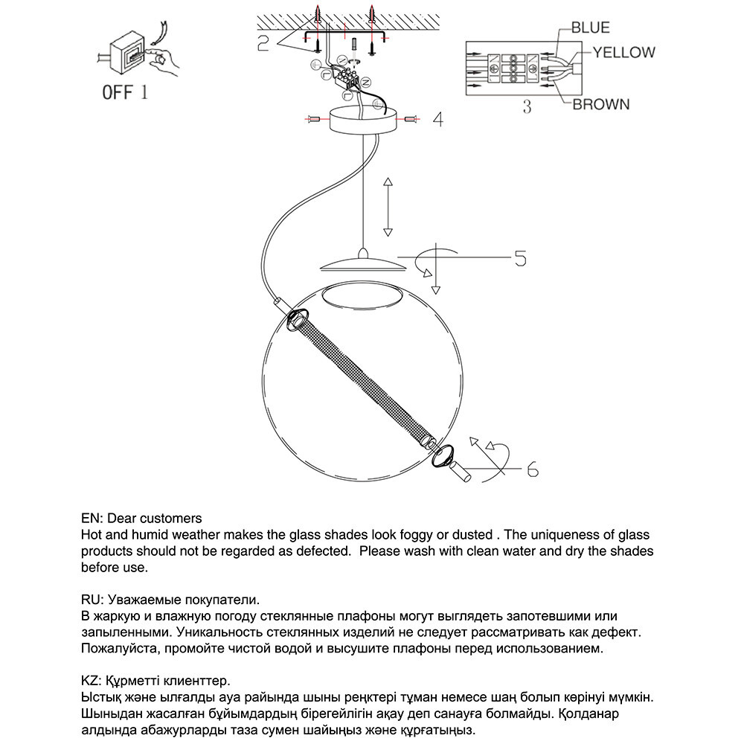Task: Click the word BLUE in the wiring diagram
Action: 590,28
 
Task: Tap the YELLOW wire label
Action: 623,52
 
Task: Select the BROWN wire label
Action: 600,104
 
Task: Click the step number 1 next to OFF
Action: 144,93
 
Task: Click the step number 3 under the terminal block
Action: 527,106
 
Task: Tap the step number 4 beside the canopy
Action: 438,119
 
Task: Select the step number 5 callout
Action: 520,258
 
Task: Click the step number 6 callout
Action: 532,469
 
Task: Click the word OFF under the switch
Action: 117,93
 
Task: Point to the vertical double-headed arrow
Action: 388,207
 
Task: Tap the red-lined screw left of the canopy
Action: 314,118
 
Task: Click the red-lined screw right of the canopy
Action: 411,118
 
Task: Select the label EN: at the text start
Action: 92,518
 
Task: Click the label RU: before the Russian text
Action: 93,599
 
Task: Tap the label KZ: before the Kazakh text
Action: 92,681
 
